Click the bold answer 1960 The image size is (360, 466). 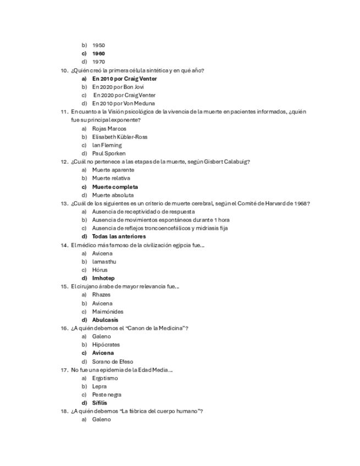(98, 54)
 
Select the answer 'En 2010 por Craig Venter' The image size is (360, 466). (124, 79)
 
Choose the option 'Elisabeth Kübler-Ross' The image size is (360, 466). (120, 137)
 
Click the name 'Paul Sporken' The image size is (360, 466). (109, 153)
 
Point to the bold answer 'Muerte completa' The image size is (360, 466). (115, 187)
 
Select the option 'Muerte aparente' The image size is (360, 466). (113, 170)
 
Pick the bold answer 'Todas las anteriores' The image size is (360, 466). (119, 236)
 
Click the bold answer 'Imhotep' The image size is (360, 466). (103, 278)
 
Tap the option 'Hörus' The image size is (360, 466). (100, 270)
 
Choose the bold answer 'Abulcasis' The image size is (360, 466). (105, 320)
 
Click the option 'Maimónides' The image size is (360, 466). (108, 312)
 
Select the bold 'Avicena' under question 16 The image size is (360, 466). (103, 353)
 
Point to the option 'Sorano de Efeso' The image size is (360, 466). (112, 362)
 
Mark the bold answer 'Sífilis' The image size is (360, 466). (99, 403)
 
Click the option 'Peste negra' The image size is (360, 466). (107, 395)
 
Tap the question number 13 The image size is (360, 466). (64, 203)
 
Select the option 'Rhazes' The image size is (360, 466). (101, 295)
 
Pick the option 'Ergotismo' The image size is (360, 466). (105, 378)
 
